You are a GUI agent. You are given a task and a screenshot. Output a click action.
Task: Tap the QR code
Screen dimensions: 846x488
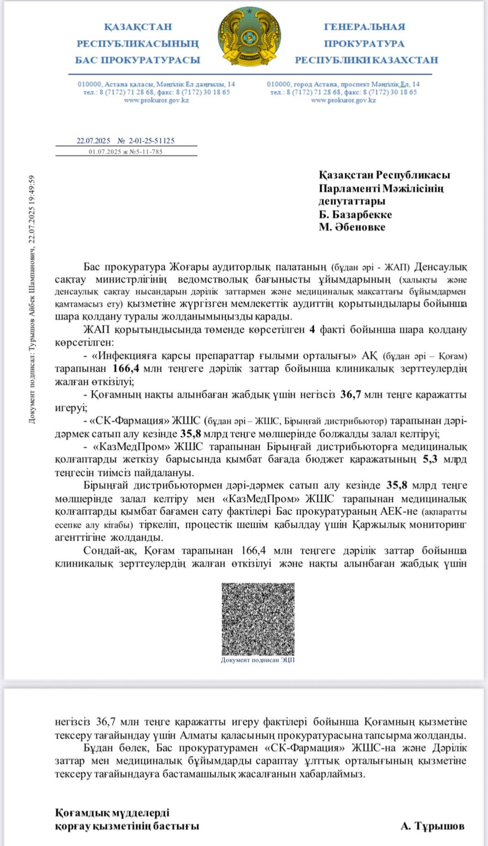[x=258, y=618]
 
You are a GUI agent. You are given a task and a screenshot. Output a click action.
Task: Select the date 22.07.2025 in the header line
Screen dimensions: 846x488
[x=93, y=141]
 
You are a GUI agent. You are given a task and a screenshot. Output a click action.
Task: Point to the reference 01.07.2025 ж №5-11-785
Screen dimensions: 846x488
[x=125, y=152]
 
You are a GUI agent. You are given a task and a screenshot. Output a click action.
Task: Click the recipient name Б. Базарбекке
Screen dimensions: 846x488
[x=355, y=214]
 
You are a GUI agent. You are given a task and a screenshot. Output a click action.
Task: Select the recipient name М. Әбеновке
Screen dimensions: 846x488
[x=352, y=227]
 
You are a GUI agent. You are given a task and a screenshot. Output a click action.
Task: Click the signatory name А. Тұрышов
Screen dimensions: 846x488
[x=432, y=826]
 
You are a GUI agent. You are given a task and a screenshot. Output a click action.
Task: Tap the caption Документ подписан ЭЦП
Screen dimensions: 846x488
[x=258, y=660]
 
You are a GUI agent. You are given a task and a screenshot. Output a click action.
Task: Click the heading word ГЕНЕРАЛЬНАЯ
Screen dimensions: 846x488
[x=364, y=27]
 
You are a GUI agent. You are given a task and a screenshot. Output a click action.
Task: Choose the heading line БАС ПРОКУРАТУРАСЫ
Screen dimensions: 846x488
[x=137, y=60]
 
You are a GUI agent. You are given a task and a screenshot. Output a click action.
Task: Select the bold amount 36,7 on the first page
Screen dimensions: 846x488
[x=351, y=394]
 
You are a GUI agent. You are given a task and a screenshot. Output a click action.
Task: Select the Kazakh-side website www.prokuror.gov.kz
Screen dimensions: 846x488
[x=156, y=100]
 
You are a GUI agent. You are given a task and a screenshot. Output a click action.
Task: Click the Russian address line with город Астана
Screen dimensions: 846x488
[x=343, y=84]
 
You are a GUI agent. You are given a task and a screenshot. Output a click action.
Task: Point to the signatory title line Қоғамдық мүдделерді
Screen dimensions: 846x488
[x=112, y=813]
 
